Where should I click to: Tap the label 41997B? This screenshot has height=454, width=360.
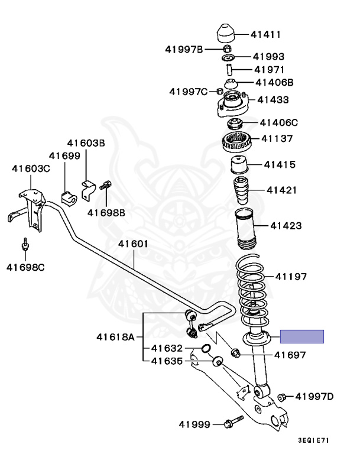click(x=184, y=50)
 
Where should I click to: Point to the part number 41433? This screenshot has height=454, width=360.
click(x=273, y=100)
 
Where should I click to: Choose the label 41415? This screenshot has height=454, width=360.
click(x=280, y=164)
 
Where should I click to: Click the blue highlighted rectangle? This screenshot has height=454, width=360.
click(x=301, y=337)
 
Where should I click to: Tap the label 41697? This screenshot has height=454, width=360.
click(x=290, y=355)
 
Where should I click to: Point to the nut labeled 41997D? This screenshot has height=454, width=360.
click(x=283, y=396)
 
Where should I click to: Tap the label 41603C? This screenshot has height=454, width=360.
click(x=31, y=168)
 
